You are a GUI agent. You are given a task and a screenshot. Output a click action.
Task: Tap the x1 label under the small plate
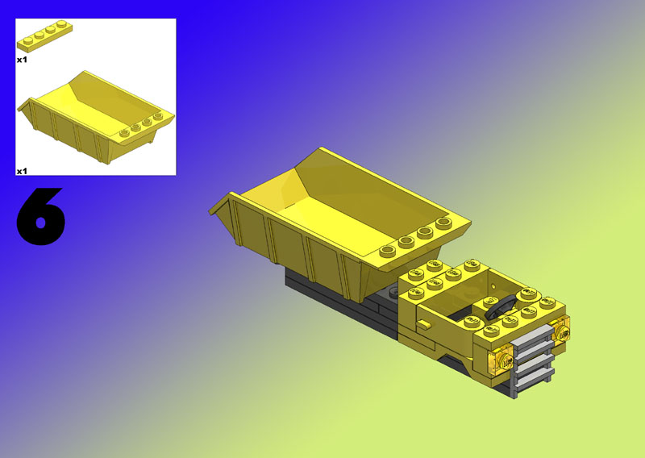pyautogui.click(x=22, y=60)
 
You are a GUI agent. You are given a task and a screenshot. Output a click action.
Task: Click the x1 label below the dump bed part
pyautogui.click(x=22, y=171)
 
